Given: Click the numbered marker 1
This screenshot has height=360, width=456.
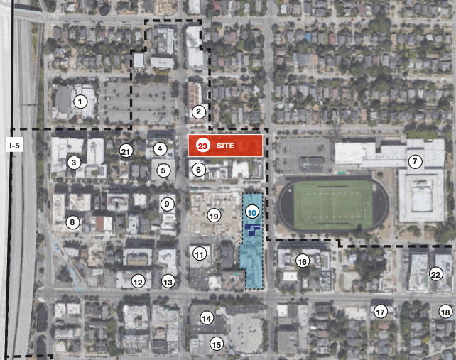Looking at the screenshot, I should point(81,102).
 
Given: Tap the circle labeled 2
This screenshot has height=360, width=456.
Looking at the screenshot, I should point(199,111).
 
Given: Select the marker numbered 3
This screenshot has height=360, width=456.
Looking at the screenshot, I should point(73,163).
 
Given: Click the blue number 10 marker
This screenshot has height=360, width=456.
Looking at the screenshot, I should point(252,212).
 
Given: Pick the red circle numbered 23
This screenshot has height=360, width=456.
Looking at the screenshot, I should point(202,146).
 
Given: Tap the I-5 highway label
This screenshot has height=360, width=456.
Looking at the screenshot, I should point(15,146).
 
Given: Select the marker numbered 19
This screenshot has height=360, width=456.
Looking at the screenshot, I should point(213,215).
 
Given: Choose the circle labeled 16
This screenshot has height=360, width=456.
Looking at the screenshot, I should point(303,261).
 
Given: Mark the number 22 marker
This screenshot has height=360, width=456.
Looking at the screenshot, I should point(435,275).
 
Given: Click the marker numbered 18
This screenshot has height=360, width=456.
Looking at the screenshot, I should point(445,312).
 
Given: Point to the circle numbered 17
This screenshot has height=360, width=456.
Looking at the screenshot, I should point(381,312).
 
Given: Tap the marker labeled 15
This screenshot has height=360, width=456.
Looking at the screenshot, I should point(217,344).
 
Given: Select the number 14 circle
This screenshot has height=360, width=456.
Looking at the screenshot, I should point(207,318).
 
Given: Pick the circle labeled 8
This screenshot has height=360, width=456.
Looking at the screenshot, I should point(72,222).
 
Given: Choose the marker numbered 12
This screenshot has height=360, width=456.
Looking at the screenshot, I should point(138,282).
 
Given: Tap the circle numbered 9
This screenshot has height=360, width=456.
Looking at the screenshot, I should point(167,204).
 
